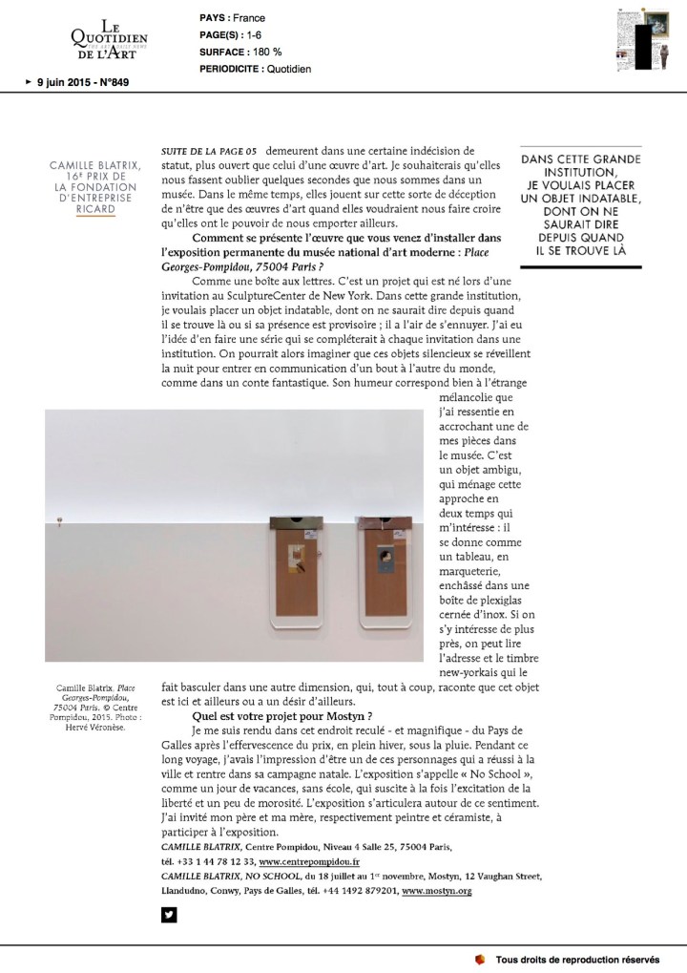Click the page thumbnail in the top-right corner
click(x=635, y=38)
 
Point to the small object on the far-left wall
click(x=59, y=520)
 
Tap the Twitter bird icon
click(x=169, y=915)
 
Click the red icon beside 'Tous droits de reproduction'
click(x=479, y=959)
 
